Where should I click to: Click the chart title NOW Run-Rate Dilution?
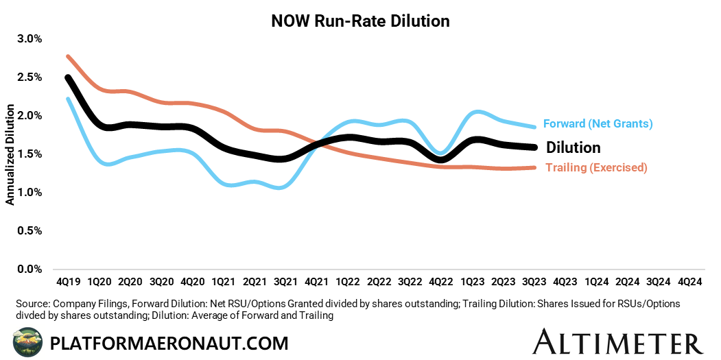pos(360,21)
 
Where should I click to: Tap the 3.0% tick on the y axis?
pos(29,38)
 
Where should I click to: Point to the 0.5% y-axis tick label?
pos(29,230)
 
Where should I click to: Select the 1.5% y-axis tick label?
pos(29,154)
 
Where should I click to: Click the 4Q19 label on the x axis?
pos(67,281)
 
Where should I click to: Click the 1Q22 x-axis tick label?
pos(348,281)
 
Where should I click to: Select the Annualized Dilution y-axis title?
pos(10,154)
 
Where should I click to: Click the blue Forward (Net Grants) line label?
pos(597,124)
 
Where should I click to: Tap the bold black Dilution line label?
pos(573,147)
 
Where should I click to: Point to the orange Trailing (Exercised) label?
pos(596,167)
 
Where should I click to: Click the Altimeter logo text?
pos(618,341)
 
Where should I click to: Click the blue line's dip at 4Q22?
pos(440,153)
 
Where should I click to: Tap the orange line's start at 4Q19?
pos(68,56)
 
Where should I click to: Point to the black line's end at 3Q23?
pos(534,147)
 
